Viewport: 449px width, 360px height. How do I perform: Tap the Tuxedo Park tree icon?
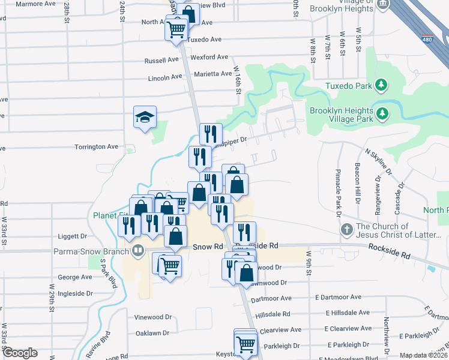click(x=381, y=85)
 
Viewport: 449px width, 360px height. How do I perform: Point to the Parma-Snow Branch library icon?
click(x=138, y=251)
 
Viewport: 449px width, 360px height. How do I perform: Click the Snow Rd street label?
click(x=208, y=247)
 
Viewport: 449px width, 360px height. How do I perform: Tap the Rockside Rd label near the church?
click(x=391, y=251)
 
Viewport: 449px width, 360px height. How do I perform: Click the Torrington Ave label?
click(x=96, y=146)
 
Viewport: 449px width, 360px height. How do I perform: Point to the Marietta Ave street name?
click(x=212, y=74)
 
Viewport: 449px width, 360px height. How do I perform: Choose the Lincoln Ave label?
click(x=164, y=77)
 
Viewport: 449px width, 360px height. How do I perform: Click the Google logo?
click(x=20, y=353)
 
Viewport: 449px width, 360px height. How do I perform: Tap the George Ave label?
click(x=75, y=277)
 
